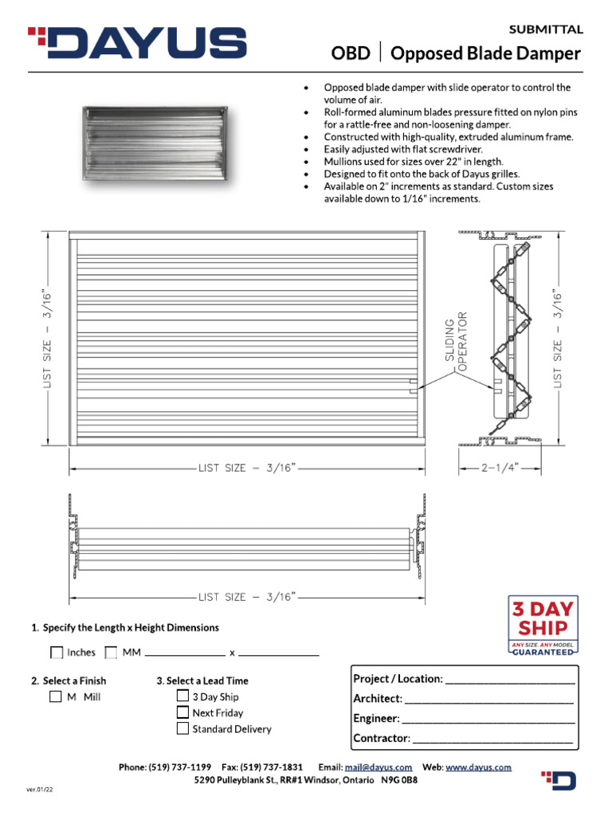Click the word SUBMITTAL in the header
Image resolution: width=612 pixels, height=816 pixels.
point(546,29)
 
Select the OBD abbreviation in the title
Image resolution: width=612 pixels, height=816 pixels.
point(351,53)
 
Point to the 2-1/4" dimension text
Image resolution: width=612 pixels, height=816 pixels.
point(500,469)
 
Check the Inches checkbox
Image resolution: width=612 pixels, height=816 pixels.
point(57,653)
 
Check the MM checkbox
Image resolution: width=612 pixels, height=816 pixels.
point(112,653)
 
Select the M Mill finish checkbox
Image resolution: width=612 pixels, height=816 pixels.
point(55,696)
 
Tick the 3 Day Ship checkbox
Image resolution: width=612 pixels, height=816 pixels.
point(182,696)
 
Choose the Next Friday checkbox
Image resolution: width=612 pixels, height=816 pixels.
point(182,712)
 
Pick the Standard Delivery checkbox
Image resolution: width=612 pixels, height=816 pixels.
point(182,728)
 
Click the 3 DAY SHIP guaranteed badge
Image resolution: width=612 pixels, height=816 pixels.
point(543,626)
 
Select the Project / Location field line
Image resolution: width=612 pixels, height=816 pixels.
point(510,681)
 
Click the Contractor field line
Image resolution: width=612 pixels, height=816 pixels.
point(492,739)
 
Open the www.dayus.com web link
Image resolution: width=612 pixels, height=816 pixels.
point(478,767)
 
